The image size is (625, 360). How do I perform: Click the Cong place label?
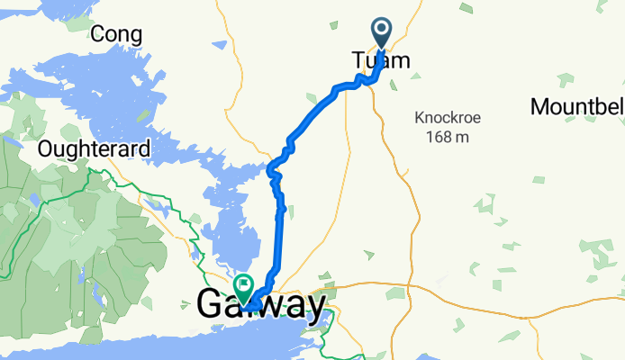click(x=117, y=34)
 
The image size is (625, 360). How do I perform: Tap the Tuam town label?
click(x=380, y=61)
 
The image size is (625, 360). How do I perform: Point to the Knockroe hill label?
click(x=442, y=117)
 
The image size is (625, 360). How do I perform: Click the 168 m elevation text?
click(x=442, y=137)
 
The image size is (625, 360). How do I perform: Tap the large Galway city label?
click(x=261, y=306)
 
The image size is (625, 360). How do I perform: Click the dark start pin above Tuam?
click(x=382, y=32)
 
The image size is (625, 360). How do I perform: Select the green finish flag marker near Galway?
click(x=243, y=285)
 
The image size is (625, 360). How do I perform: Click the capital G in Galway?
click(x=211, y=306)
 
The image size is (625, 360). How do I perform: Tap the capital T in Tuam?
click(x=357, y=61)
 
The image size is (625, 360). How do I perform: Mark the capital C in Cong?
click(x=99, y=34)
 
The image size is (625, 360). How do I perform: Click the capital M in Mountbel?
click(x=539, y=106)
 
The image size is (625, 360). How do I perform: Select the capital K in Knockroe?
click(x=420, y=117)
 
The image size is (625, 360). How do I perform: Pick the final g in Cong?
click(x=135, y=36)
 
